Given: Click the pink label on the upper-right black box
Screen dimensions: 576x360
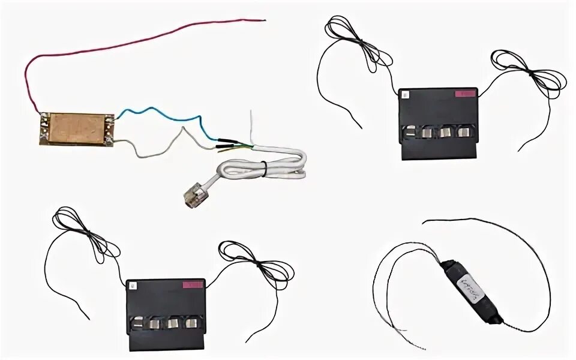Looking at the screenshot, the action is tap(464, 94).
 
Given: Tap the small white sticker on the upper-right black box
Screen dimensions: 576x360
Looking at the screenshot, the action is tap(405, 94).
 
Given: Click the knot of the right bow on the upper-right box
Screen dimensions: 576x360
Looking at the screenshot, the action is tap(528, 73).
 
